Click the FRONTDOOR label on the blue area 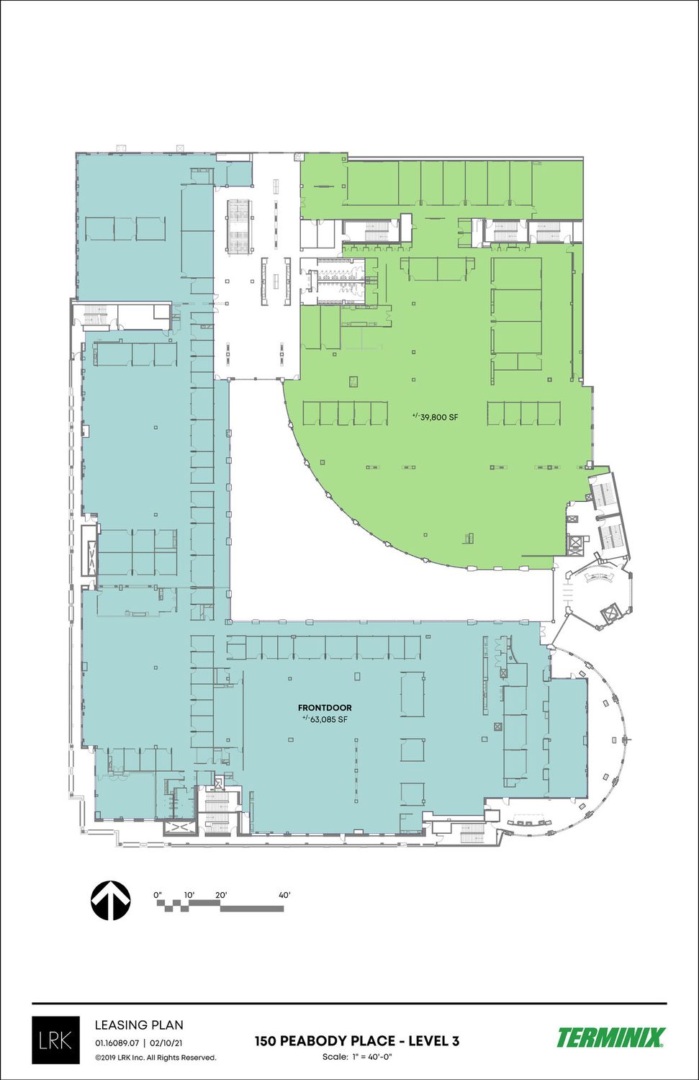tap(325, 708)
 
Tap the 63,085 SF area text tap(325, 719)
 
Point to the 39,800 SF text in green tap(435, 417)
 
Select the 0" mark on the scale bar tap(158, 895)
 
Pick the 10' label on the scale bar tap(189, 895)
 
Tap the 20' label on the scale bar tap(221, 895)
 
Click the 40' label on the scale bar tap(285, 895)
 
